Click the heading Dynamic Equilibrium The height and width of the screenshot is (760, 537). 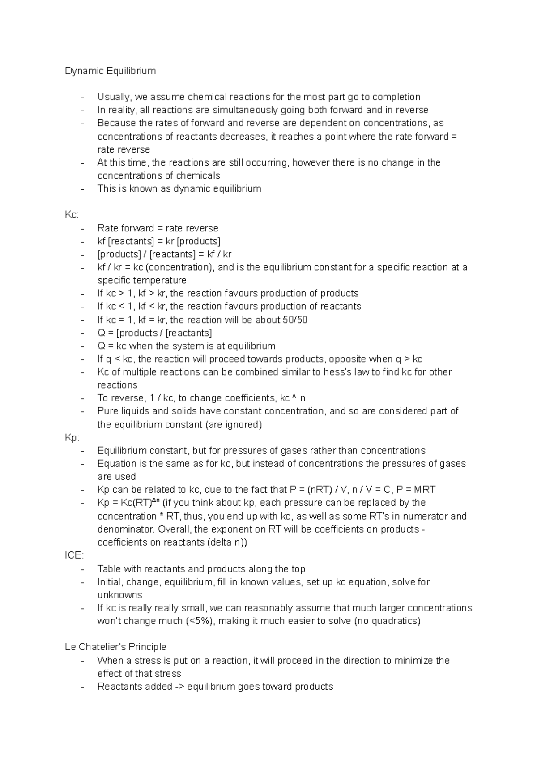coord(110,71)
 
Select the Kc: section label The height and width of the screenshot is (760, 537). coord(72,215)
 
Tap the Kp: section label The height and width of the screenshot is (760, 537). coord(72,437)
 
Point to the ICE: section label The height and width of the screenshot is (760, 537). coord(74,555)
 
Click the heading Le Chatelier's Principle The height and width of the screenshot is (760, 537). coord(115,647)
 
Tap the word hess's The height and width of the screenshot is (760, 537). coord(330,372)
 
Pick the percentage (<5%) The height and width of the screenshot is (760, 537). coord(200,621)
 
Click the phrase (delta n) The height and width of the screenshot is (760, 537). coord(226,542)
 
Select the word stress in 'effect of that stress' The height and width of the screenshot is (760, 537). coord(167,674)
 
